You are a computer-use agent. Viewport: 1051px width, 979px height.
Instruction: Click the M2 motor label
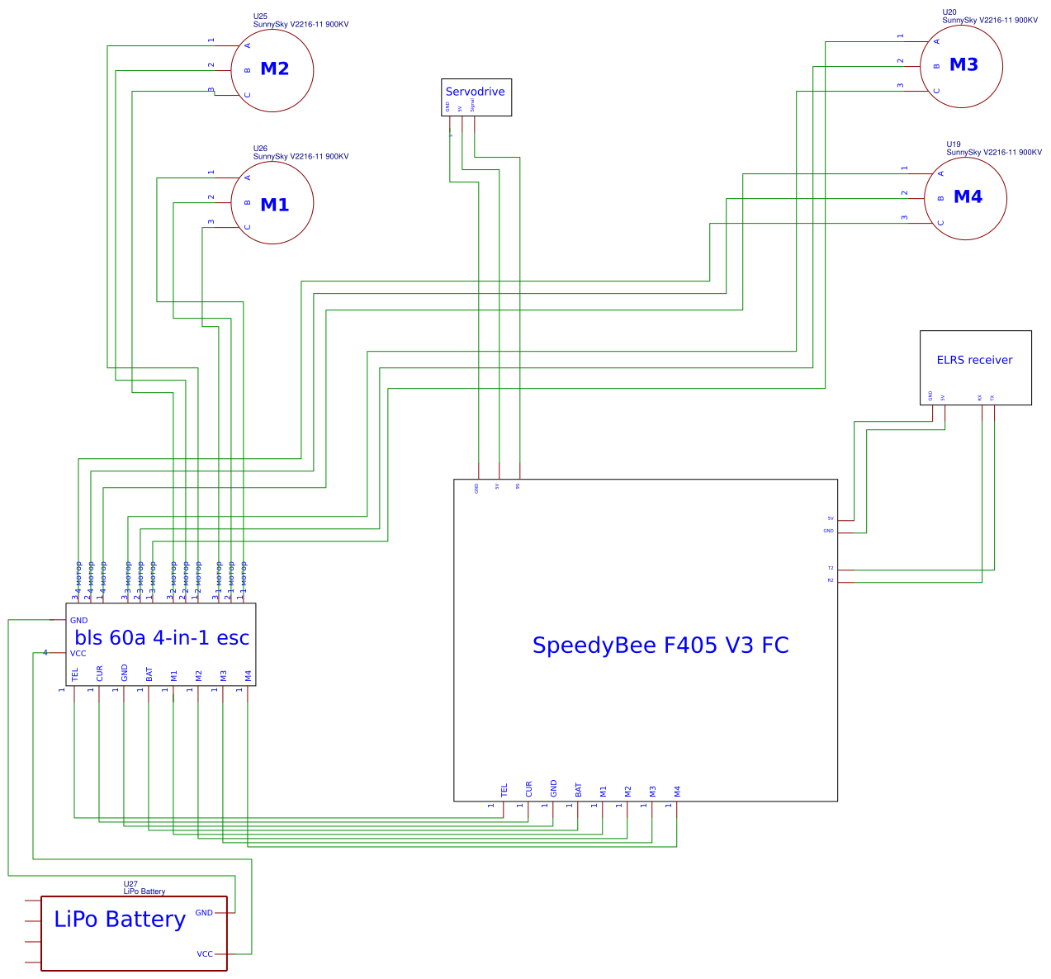click(274, 69)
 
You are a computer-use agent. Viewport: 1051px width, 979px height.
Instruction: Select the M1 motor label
click(274, 205)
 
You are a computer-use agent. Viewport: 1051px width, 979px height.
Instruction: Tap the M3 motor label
click(963, 64)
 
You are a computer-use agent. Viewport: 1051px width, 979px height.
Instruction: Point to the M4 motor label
click(968, 196)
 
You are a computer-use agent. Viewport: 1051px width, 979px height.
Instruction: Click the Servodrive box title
click(475, 92)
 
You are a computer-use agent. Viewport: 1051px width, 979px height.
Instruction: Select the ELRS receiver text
click(974, 360)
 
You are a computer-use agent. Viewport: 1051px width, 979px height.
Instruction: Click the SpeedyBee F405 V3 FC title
click(660, 645)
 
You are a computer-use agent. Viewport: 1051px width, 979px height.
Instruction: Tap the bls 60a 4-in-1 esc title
click(162, 637)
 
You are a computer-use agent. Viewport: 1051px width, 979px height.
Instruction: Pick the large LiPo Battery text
click(120, 919)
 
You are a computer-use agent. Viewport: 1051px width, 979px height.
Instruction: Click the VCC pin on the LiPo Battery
click(205, 954)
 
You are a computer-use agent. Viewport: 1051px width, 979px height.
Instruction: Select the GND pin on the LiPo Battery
click(204, 913)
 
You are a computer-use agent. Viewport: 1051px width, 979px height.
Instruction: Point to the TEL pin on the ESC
click(75, 674)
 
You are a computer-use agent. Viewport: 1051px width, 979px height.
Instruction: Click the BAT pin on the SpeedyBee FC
click(579, 790)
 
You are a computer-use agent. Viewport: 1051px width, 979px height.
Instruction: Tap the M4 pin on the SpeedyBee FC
click(677, 791)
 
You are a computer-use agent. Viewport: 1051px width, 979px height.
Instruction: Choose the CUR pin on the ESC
click(100, 674)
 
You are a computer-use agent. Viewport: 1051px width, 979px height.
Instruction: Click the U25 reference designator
click(260, 17)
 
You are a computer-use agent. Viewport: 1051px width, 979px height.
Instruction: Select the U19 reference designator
click(954, 144)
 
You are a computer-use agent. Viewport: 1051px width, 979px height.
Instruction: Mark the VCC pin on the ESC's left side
click(78, 653)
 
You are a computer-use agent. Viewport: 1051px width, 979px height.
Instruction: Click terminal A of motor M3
click(936, 41)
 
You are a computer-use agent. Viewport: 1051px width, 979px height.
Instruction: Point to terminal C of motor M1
click(247, 227)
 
